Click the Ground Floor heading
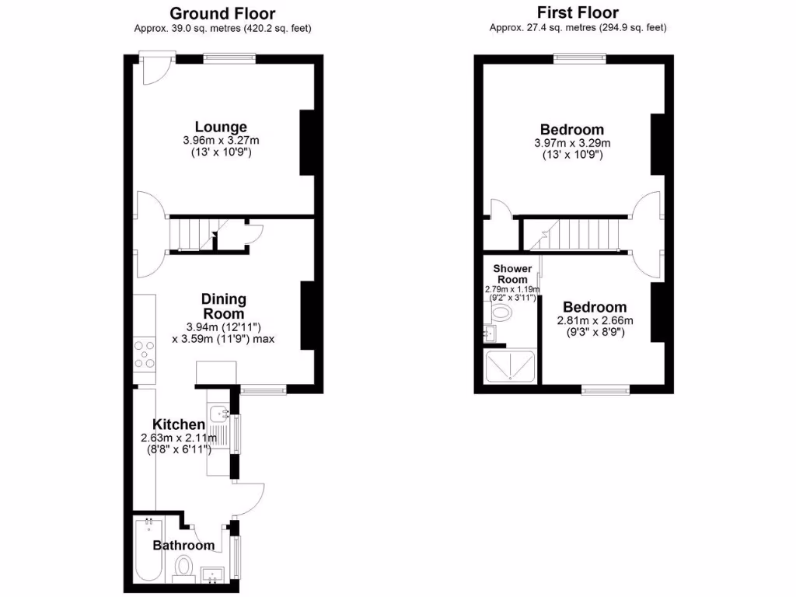tap(222, 13)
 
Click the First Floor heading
tap(578, 12)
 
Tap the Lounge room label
tap(221, 127)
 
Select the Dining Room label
tap(224, 305)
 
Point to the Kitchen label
tap(178, 424)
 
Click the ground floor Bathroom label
tap(183, 545)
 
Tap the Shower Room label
tap(512, 274)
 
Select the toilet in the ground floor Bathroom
tap(185, 567)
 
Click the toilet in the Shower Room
tap(501, 314)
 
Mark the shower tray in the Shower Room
tap(510, 366)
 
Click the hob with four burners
tap(145, 354)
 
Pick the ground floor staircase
tap(190, 234)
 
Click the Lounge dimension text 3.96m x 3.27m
tap(221, 141)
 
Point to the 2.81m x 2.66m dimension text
tap(595, 320)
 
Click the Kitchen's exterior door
tap(249, 497)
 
